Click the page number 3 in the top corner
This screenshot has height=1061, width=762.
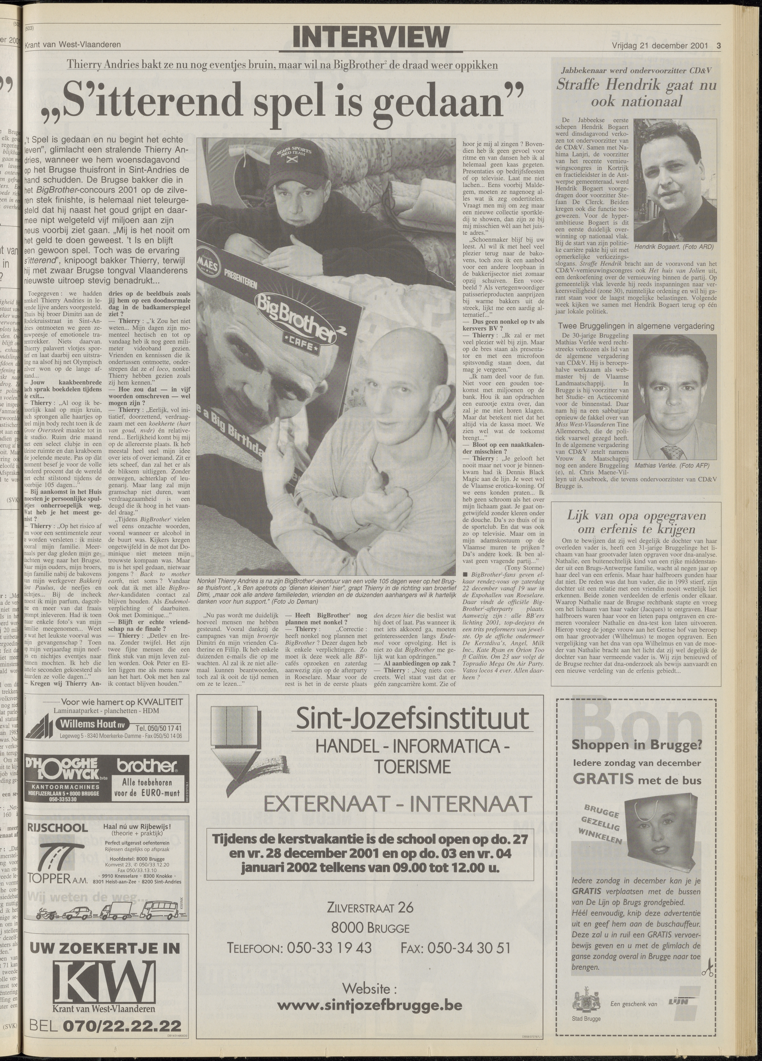(718, 45)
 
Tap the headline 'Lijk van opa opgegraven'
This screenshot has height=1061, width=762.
(636, 516)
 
